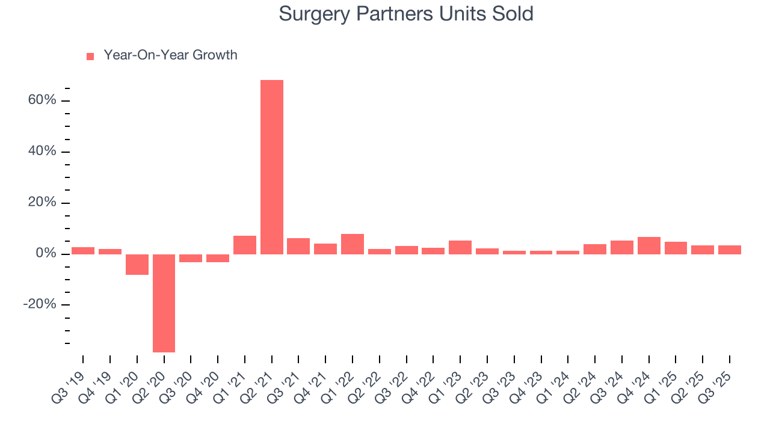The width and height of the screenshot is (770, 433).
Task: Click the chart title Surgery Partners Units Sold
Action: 406,14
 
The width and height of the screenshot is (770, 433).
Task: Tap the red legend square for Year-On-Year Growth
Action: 90,56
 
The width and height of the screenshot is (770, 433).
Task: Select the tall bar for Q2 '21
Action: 272,167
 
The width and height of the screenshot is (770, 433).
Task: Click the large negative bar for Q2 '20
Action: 164,303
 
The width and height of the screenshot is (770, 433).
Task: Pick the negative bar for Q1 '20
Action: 137,265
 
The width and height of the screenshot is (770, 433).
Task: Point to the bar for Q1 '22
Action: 353,244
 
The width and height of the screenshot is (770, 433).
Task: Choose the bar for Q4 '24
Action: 649,245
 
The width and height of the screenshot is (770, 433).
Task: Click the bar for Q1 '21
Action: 245,245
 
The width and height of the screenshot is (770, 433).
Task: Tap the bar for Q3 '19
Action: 83,251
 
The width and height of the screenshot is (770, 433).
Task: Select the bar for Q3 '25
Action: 730,250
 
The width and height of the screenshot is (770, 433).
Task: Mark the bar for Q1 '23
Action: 460,247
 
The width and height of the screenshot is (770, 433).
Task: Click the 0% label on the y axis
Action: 47,253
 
